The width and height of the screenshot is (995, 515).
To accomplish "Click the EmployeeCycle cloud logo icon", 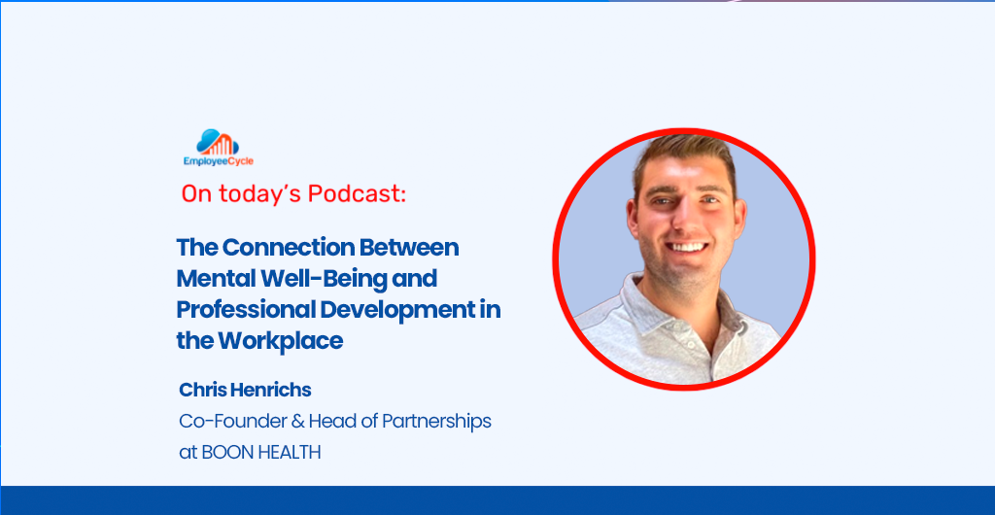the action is (x=218, y=142).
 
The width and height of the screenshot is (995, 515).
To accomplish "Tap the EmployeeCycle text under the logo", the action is (x=219, y=161).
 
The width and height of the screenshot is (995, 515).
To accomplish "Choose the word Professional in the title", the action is (x=245, y=310).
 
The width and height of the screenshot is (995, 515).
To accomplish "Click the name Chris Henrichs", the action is (x=245, y=390).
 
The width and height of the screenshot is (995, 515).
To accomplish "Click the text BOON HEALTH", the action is (x=260, y=453).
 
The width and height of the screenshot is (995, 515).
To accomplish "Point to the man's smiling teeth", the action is (x=687, y=247).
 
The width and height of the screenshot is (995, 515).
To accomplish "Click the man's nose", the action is (x=686, y=218).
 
